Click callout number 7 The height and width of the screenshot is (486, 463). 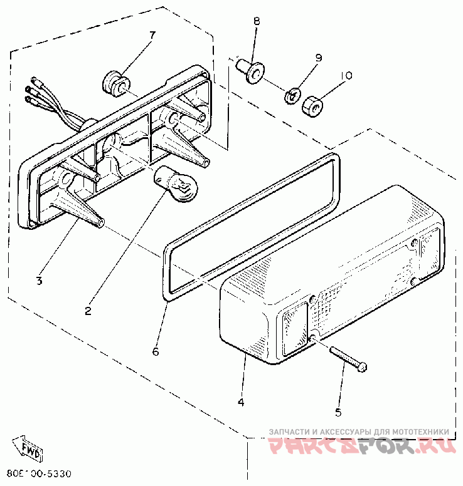[151, 34]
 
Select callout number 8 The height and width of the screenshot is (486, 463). [256, 21]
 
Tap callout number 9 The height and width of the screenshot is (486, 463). [318, 58]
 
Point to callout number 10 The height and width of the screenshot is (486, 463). [346, 76]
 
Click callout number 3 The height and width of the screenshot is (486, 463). [39, 281]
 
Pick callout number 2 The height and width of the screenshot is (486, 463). [88, 310]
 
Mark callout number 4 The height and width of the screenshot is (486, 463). [242, 401]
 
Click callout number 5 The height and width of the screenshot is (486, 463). [338, 412]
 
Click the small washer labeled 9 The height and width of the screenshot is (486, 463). [292, 96]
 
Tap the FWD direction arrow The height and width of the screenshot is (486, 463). [29, 447]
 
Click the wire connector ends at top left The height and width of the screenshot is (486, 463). [31, 91]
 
